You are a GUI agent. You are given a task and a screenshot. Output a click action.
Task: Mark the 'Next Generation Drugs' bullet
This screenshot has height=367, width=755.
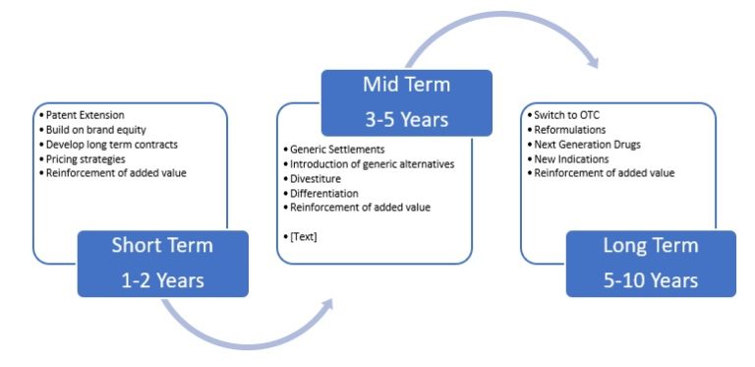586,144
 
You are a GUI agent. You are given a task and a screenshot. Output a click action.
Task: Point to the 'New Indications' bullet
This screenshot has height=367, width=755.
572,158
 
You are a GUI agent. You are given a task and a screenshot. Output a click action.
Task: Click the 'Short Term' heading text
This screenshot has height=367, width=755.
163,247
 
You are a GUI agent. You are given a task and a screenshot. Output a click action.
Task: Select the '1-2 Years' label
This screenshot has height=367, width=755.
163,279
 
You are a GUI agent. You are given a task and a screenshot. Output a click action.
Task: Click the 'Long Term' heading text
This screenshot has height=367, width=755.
650,247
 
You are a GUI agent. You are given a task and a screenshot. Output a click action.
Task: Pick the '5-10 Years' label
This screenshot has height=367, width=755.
650,279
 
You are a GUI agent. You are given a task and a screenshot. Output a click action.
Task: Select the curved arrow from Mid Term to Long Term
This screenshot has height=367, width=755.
492,24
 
